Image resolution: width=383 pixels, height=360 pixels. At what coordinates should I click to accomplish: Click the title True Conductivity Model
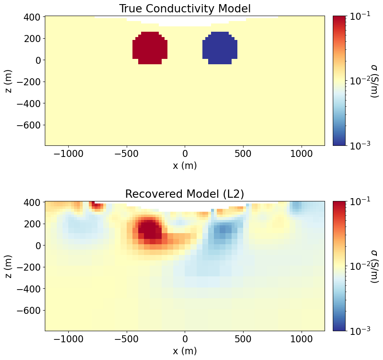185,9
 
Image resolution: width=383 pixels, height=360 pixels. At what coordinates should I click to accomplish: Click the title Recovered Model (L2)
185,194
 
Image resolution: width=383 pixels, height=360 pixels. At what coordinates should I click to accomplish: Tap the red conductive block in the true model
150,49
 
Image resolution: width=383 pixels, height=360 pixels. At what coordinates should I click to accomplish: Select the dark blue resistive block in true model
220,49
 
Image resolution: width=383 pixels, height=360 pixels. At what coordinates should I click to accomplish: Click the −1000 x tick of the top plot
68,154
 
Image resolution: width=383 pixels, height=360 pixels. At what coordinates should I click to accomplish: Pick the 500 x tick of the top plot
244,154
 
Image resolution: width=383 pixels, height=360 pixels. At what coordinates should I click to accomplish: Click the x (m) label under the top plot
185,166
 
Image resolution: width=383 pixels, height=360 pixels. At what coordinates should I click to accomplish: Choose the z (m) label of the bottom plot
9,266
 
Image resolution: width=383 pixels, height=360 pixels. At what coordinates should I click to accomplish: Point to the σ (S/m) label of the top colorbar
374,81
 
